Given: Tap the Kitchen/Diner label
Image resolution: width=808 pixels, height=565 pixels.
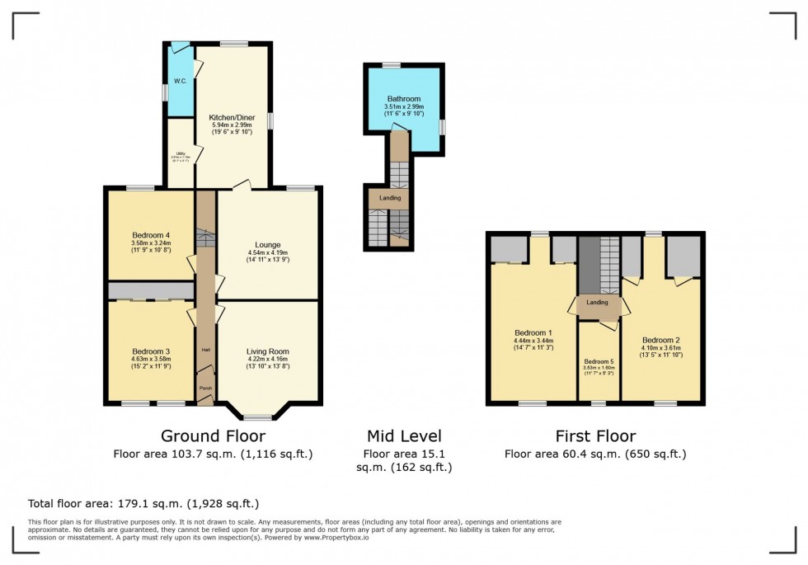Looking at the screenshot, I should pos(232,118).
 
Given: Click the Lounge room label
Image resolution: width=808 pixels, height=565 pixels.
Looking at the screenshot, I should pos(267,245).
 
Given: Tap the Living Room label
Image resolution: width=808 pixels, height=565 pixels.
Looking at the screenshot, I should pos(268,351).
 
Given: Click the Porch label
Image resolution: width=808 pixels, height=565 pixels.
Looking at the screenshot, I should pos(204,386).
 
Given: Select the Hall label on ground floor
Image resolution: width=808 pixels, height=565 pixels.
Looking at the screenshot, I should pos(204,350).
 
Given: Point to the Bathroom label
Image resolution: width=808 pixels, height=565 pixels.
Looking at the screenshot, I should pos(404,99).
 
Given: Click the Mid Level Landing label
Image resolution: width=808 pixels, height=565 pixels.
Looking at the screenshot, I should pos(390,198).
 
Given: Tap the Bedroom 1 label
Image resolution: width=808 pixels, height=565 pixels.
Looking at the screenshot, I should pos(532,332).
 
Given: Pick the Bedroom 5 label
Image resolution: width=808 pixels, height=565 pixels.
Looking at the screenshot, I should pos(599,361).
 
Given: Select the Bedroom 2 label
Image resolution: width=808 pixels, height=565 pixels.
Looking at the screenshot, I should pos(661,340).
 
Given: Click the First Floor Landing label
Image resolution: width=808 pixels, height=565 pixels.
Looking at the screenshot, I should pos(598,303).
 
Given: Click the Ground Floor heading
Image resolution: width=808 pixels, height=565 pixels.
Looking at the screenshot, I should pos(213,436).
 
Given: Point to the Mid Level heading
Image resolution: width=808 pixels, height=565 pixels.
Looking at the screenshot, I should pos(404,436).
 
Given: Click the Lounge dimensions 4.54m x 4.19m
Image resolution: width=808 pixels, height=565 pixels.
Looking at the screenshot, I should pos(267,253).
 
